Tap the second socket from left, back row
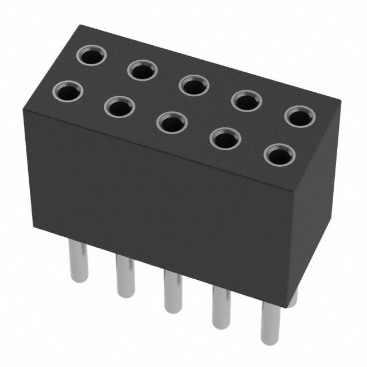pos(142,71)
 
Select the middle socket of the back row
pos(193,85)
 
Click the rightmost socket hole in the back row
pos(299,116)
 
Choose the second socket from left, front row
pos(119,106)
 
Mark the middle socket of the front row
pos(171,122)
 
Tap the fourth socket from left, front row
pos(225,138)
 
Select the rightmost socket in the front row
pos(279,155)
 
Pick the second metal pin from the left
pos(124,278)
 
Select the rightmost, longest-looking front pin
pos(272,327)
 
